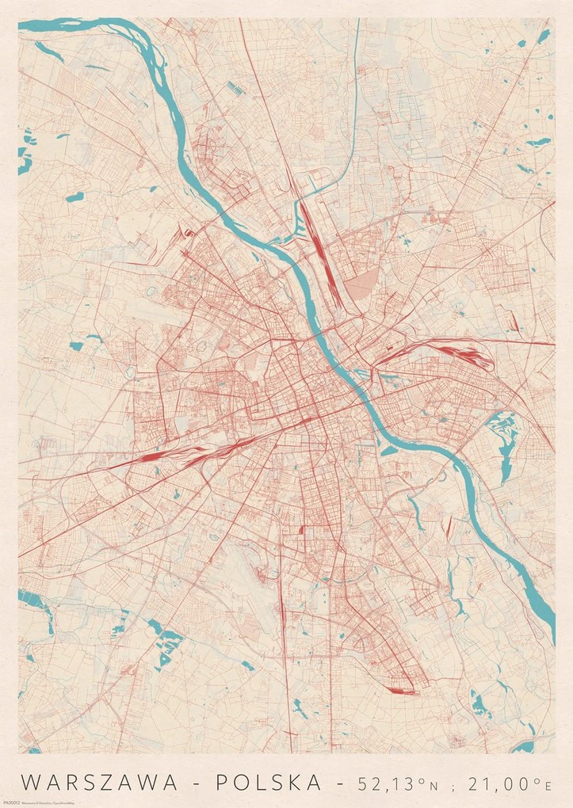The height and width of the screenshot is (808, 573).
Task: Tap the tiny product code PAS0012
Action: [29, 757]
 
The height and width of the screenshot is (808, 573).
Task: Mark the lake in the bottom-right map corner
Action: [523, 745]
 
